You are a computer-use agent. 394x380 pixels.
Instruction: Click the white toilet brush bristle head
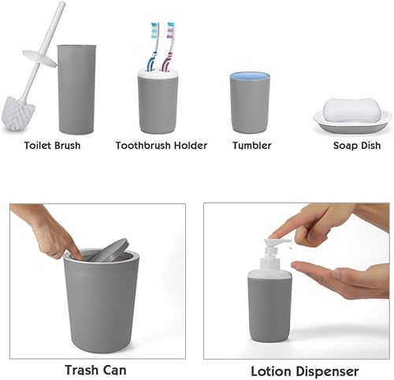(x=18, y=113)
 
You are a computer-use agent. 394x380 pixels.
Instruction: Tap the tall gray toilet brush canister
(x=76, y=90)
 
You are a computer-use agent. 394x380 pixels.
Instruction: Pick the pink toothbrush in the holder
(x=169, y=46)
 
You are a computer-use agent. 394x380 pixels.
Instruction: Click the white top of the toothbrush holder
(x=158, y=72)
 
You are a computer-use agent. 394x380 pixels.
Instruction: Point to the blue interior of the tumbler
(x=250, y=76)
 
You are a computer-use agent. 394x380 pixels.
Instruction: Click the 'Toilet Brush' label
(x=52, y=146)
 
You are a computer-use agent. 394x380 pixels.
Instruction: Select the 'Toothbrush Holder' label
(x=162, y=146)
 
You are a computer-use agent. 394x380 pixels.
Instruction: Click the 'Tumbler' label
(x=252, y=146)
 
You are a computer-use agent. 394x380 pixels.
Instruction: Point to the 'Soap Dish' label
(x=357, y=146)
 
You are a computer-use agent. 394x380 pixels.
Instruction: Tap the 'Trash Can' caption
(x=95, y=370)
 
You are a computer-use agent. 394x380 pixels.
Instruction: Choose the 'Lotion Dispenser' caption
(x=305, y=371)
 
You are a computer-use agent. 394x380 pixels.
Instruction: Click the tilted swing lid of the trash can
(x=109, y=251)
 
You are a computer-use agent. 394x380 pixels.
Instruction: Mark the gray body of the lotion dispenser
(x=269, y=309)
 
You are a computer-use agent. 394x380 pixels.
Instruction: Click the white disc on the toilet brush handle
(x=39, y=58)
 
